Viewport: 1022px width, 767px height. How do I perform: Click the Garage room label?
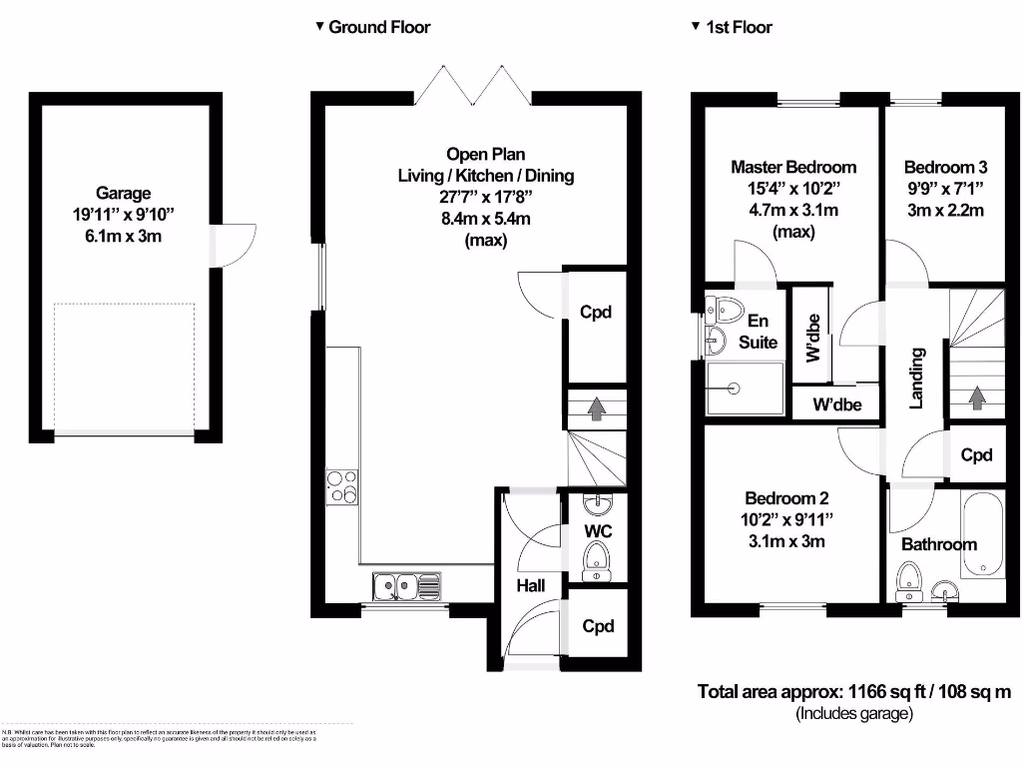[123, 193]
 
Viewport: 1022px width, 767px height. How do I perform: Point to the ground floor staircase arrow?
[595, 407]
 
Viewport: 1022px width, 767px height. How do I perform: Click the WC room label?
[597, 530]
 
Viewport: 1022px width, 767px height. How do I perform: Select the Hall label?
[531, 585]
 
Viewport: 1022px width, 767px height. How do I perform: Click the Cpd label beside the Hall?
[597, 626]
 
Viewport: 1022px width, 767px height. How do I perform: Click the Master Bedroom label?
[793, 167]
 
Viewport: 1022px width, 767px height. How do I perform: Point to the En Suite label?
[758, 332]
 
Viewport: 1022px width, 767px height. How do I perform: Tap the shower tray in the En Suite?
[745, 387]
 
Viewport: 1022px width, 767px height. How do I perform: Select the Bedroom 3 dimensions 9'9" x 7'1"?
[944, 188]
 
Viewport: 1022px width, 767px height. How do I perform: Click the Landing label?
[916, 378]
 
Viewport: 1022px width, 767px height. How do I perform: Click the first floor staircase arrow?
[976, 397]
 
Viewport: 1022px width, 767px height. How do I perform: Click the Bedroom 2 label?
[786, 498]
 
